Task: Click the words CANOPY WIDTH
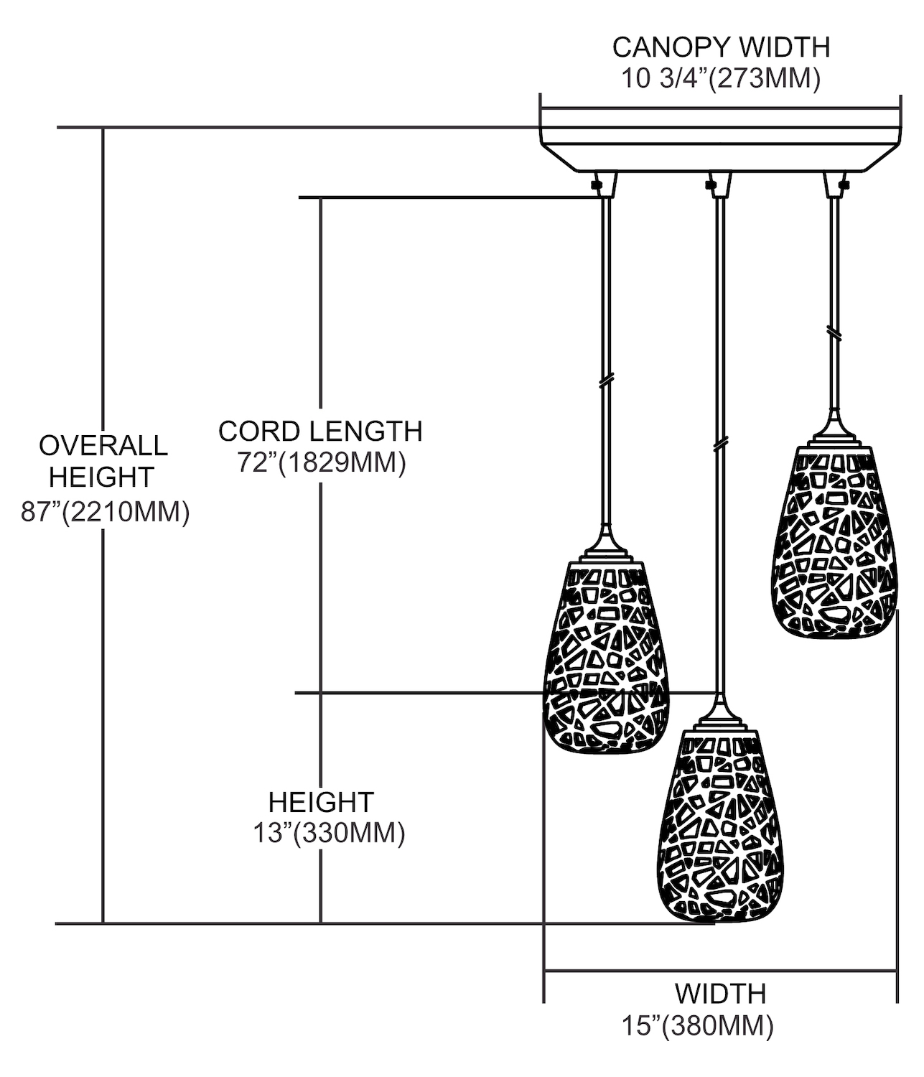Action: tap(720, 47)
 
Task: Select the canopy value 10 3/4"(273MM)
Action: tap(720, 78)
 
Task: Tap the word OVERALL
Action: tap(103, 445)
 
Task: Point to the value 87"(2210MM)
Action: tap(105, 512)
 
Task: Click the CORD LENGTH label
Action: tap(320, 431)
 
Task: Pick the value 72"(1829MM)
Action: tap(322, 463)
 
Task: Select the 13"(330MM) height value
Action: tap(328, 833)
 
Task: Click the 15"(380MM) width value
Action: tap(697, 1027)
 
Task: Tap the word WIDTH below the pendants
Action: tap(720, 994)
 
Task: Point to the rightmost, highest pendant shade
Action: tap(835, 542)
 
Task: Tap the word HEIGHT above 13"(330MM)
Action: tap(321, 802)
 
